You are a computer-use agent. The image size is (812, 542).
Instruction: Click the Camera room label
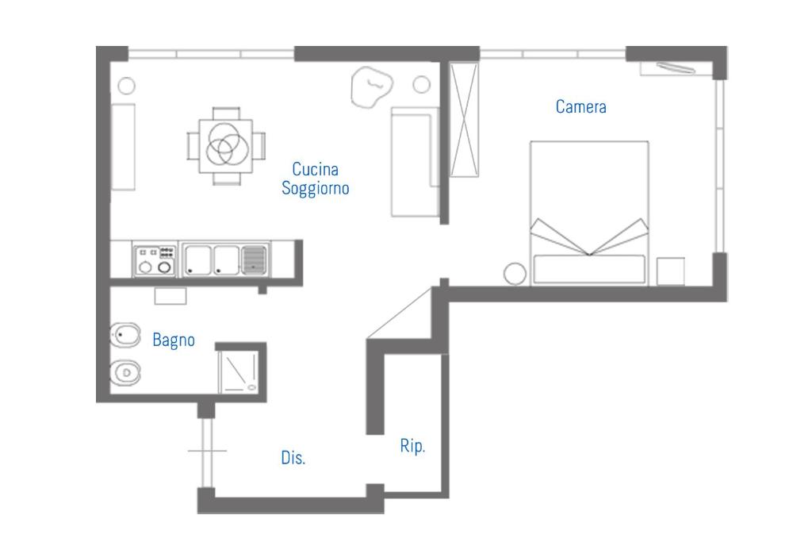point(580,107)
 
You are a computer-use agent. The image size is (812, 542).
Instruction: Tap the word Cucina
point(315,169)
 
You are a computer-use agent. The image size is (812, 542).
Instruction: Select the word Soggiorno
point(315,188)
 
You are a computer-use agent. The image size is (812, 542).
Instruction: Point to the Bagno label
point(174,340)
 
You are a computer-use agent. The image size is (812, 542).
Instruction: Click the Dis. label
point(293,458)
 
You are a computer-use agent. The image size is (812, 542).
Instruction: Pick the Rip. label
point(412,446)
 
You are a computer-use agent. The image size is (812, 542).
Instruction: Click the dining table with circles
point(226,146)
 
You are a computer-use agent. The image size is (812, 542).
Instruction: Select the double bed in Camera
point(589,213)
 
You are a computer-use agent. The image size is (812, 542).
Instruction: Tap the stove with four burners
point(155,259)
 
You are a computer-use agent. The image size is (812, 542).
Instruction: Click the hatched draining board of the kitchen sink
point(255,259)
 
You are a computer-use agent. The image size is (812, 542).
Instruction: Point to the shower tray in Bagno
point(238,371)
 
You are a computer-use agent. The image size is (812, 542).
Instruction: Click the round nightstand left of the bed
point(515,274)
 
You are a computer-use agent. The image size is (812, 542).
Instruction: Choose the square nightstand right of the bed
point(671,271)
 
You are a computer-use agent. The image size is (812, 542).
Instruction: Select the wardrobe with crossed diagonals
point(464,120)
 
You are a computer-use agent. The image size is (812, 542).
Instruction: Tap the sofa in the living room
point(415,162)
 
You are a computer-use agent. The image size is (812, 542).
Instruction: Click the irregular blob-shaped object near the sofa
point(371,86)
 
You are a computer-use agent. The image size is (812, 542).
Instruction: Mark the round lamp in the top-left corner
point(126,86)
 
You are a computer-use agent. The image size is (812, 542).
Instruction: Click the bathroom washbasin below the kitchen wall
point(170,296)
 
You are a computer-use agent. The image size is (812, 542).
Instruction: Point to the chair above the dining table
point(226,113)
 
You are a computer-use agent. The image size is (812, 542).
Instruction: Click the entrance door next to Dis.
point(207,452)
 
